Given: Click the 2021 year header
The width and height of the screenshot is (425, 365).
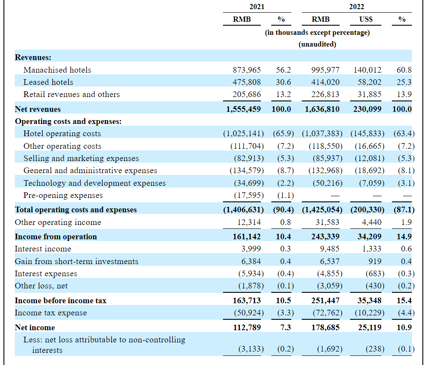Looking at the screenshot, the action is click(256, 7).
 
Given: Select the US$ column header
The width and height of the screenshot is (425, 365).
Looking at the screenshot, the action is click(366, 19).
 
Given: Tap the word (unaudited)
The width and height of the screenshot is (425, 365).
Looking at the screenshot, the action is click(317, 44).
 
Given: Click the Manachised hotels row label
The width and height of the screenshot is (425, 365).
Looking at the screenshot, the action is click(57, 70).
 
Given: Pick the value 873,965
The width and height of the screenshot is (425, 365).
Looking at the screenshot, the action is click(246, 70).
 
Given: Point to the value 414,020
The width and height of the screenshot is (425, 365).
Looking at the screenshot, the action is click(325, 82).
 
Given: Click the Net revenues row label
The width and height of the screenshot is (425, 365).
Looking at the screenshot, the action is click(38, 109).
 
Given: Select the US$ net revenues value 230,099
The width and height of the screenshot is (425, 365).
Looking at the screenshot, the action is click(367, 109).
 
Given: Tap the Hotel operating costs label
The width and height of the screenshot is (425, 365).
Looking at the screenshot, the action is click(62, 134).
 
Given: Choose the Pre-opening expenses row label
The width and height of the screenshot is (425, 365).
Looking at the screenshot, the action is click(63, 195).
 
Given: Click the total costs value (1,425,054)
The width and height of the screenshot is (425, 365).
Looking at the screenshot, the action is click(322, 210).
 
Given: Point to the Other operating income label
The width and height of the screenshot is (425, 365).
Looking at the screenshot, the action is click(58, 222).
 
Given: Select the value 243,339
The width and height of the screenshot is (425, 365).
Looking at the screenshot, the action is click(325, 237).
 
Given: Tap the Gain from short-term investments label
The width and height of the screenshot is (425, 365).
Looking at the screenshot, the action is click(77, 261).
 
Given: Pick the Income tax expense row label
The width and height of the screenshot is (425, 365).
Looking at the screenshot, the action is click(51, 313).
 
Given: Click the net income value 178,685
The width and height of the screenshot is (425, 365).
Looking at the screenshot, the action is click(325, 328).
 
